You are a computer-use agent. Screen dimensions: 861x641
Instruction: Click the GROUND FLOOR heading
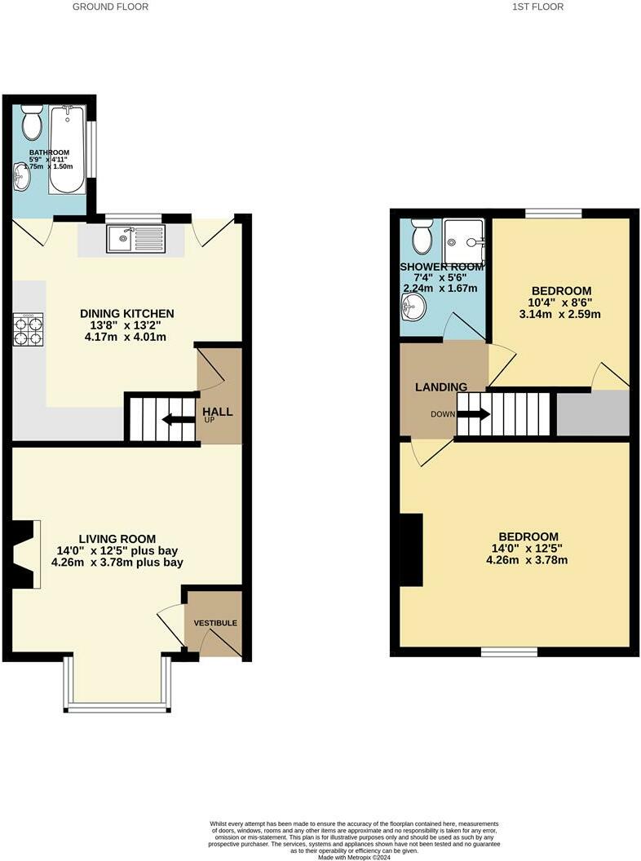coord(110,7)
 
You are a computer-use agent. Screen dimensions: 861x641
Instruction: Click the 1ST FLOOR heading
coord(537,7)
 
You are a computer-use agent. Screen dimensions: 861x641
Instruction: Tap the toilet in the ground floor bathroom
coord(33,122)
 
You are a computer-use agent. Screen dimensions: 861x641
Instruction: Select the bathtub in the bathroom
coord(67,148)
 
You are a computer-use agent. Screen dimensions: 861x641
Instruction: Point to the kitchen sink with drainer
coord(135,239)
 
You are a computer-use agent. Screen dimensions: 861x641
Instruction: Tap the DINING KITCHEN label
coord(126,313)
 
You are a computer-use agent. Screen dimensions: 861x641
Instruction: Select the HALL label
coord(218,412)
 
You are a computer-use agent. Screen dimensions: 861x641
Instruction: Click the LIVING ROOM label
coord(117,538)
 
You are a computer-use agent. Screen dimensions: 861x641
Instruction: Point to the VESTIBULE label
coord(215,623)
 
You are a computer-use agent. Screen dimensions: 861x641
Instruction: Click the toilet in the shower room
coord(422,236)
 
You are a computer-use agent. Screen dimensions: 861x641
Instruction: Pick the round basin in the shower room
coord(414,308)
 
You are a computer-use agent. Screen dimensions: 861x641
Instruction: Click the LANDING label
coord(440,387)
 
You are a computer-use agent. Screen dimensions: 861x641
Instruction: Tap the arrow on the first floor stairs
coord(473,414)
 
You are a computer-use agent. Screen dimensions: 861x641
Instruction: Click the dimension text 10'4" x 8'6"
coord(561,302)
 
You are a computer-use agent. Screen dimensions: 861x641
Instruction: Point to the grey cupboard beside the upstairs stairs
coord(592,413)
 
